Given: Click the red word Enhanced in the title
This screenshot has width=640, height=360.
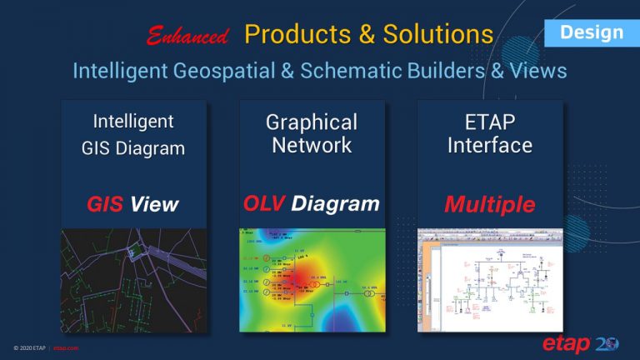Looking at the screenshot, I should coord(187,36).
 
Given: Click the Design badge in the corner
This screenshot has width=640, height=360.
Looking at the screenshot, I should coord(591,33).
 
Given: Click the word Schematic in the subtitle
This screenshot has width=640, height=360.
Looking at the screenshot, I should coord(362,71).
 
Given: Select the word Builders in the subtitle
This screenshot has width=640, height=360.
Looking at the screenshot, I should coord(454,71).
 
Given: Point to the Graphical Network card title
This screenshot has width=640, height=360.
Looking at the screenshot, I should coord(311,133).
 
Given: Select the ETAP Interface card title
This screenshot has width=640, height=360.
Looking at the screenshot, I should coord(489,133).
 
